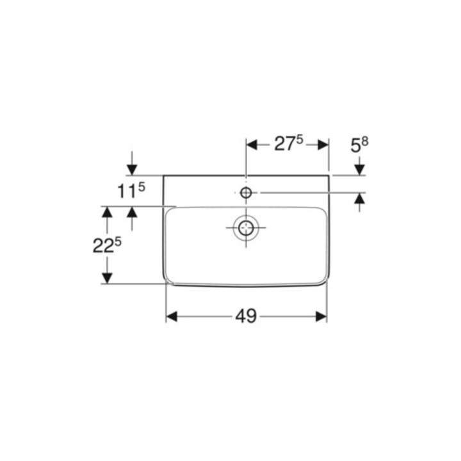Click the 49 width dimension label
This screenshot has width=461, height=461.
246,316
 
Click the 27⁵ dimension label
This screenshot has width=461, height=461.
289,144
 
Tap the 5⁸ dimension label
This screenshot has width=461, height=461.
359,145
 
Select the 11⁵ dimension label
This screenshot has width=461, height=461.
131,190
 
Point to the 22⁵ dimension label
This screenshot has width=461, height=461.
107,245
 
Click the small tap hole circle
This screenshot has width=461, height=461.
246,193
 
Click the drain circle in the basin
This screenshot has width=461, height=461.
246,228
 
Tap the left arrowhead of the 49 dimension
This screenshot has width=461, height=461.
172,317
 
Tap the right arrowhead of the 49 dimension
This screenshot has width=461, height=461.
321,317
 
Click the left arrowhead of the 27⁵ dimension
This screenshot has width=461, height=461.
252,145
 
